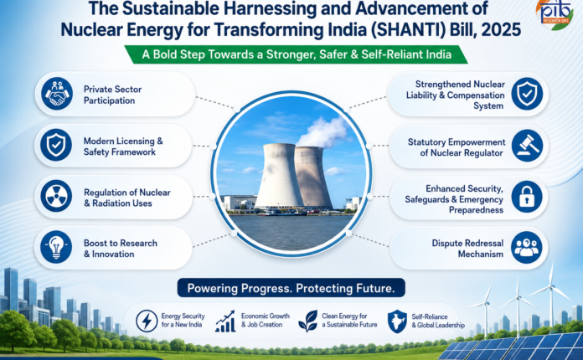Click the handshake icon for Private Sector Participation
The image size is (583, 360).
57,94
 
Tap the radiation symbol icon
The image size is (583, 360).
56,196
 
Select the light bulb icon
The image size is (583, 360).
56,247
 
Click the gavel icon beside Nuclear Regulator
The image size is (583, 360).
527,146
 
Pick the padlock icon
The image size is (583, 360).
527,197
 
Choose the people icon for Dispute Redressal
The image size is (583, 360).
527,248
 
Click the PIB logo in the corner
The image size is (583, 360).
555,14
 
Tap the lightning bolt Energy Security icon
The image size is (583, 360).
147,321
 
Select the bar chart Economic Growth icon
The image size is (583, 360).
225,321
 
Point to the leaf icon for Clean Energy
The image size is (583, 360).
308,321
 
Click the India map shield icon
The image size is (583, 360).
397,321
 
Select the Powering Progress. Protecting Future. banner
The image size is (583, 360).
291,288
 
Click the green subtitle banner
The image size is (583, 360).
297,54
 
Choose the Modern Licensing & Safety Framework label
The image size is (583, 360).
123,147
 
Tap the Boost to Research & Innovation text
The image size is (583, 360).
121,249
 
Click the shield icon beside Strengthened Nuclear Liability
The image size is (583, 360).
527,94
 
